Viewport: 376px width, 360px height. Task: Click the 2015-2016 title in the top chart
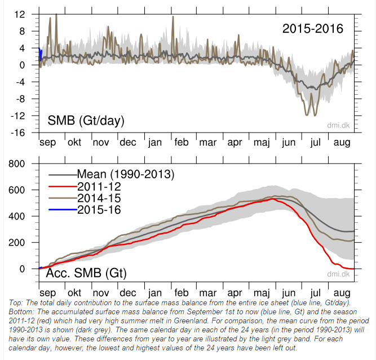click(x=313, y=29)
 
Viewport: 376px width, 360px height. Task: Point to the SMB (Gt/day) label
click(x=86, y=121)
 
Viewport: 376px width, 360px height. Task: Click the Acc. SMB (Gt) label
click(x=86, y=273)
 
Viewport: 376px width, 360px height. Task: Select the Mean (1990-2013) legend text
click(x=126, y=174)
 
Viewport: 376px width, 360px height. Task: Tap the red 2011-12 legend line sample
click(x=63, y=186)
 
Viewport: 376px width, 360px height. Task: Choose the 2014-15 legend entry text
click(x=99, y=198)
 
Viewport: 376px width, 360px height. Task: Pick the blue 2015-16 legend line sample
click(x=63, y=210)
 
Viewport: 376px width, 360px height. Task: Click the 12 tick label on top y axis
click(x=19, y=15)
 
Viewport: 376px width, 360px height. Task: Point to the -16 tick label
click(x=17, y=133)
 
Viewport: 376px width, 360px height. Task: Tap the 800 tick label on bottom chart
click(x=16, y=164)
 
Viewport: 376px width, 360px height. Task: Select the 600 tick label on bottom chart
click(x=16, y=190)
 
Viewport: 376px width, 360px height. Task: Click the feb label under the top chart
click(x=182, y=142)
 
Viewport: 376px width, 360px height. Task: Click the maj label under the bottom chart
click(x=262, y=293)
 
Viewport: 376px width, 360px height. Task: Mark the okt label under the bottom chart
click(x=74, y=293)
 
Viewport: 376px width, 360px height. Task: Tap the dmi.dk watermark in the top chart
click(x=338, y=125)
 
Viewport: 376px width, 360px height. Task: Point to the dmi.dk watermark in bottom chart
click(x=338, y=274)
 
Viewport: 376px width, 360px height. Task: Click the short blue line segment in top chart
click(x=40, y=55)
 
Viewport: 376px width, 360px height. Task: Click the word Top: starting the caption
click(x=16, y=303)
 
